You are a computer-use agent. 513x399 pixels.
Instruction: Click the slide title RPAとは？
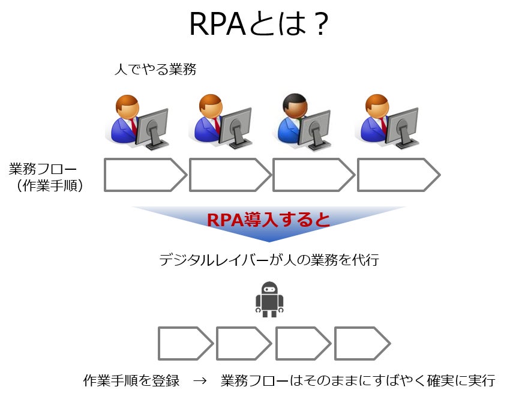pos(258,25)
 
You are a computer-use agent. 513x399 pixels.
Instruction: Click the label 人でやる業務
pos(155,70)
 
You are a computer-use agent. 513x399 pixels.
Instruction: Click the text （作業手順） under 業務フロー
pos(49,186)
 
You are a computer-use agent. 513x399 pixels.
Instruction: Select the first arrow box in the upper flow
pos(145,175)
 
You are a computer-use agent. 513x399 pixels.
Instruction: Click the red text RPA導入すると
pos(268,220)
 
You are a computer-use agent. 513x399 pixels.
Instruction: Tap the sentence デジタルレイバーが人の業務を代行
pos(269,260)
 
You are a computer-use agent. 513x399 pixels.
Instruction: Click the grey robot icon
pos(270,299)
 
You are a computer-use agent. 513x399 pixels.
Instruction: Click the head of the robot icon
pos(270,289)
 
